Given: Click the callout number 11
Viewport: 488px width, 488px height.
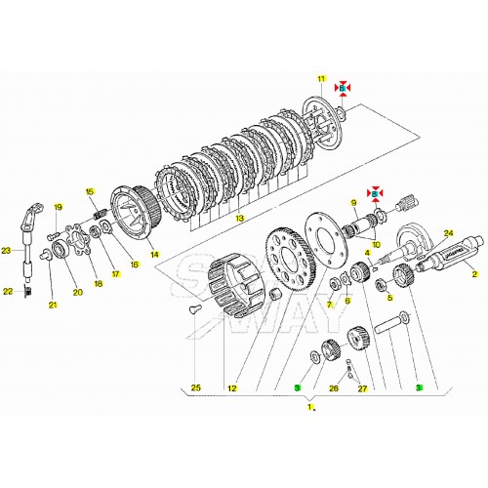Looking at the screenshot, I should click(x=318, y=78).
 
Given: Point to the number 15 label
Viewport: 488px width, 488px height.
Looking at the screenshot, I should click(x=89, y=191).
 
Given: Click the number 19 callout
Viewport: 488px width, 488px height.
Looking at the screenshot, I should click(x=58, y=207).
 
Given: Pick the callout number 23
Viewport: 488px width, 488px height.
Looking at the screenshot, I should click(x=7, y=251).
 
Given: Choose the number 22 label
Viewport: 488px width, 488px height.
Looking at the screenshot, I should click(x=7, y=291).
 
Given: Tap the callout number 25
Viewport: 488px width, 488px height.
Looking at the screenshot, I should click(x=195, y=388).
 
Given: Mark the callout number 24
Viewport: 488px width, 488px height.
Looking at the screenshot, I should click(x=450, y=233).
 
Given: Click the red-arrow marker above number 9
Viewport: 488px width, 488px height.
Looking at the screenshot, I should click(x=372, y=192).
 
